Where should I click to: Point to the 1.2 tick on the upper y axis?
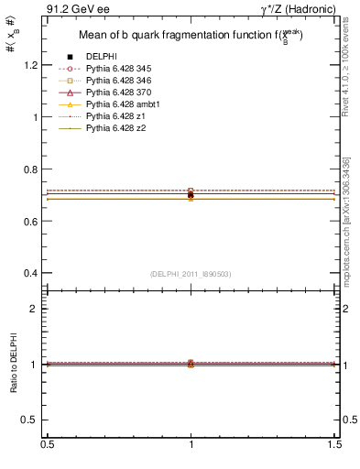tap(36, 66)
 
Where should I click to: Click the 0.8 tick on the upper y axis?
tap(36, 169)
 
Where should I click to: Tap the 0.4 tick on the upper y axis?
tap(36, 273)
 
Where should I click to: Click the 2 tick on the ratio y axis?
tap(39, 309)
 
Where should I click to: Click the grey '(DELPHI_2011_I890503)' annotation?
tap(191, 274)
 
